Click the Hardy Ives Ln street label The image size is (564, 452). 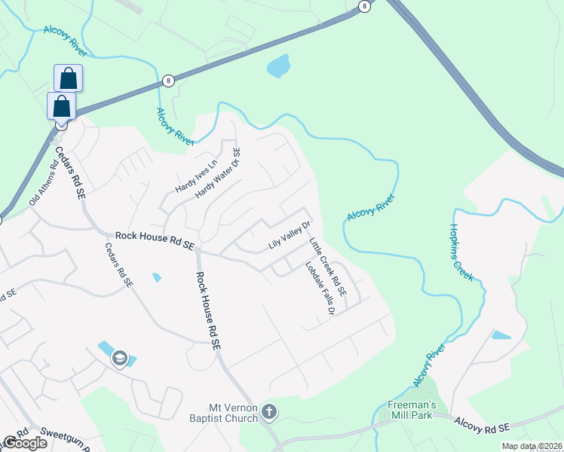click(197, 175)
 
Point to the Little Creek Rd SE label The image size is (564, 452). click(328, 267)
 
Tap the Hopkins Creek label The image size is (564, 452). click(461, 252)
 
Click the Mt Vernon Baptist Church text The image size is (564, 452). click(234, 408)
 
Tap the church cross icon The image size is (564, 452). click(270, 412)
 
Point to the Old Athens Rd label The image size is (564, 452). click(43, 187)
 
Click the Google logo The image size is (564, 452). click(25, 443)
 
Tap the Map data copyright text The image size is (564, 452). click(532, 446)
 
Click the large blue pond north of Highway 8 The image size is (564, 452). click(278, 66)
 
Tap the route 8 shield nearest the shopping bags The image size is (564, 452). click(167, 81)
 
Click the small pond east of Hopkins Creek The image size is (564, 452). click(501, 334)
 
